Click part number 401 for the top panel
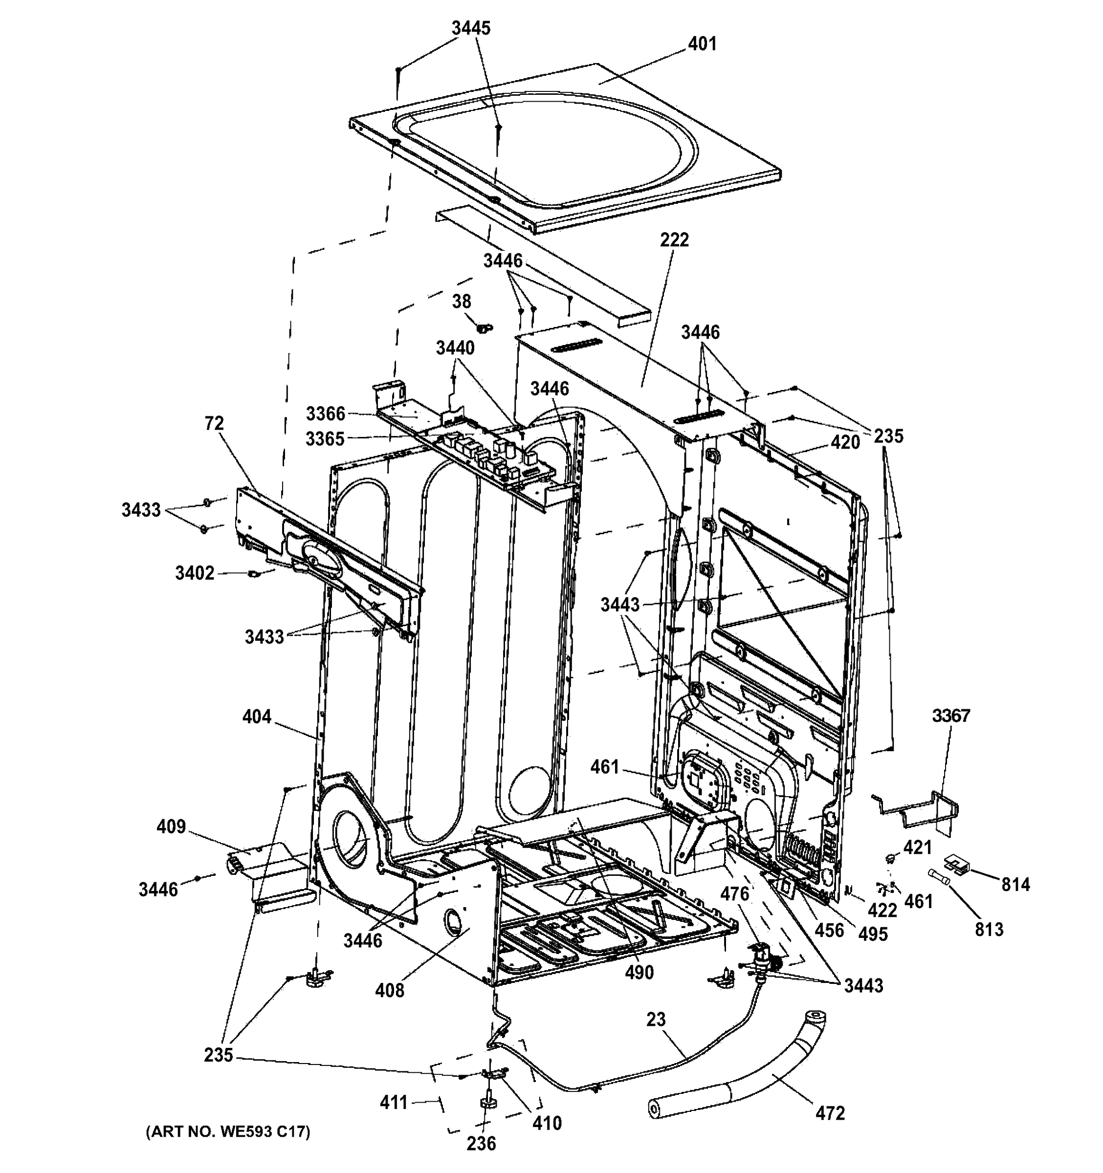coord(702,44)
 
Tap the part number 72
coord(215,424)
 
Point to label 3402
coord(195,573)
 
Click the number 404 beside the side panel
coord(257,717)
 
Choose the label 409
coord(171,827)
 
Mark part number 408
coord(390,991)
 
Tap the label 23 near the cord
coord(656,1020)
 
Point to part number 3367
coord(951,716)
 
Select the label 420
coord(845,442)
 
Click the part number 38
coord(462,302)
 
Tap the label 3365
coord(325,439)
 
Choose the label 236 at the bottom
coord(481,1144)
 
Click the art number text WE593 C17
coord(227,1131)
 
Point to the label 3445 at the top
coord(471,28)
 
